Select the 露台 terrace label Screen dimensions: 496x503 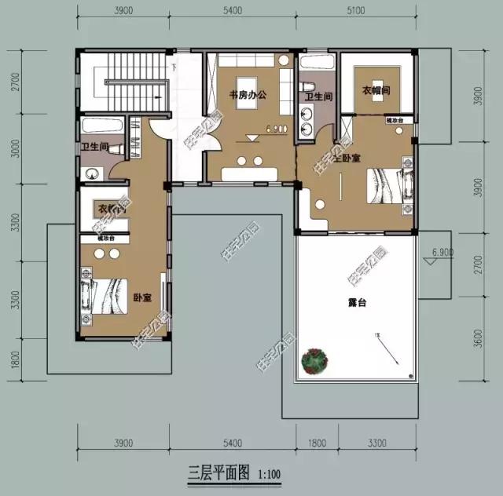click(x=358, y=301)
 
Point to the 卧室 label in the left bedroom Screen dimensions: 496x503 click(x=141, y=298)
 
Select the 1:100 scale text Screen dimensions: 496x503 click(x=268, y=474)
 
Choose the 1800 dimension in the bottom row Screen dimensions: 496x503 click(x=317, y=443)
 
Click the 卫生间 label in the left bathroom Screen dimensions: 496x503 click(x=94, y=147)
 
